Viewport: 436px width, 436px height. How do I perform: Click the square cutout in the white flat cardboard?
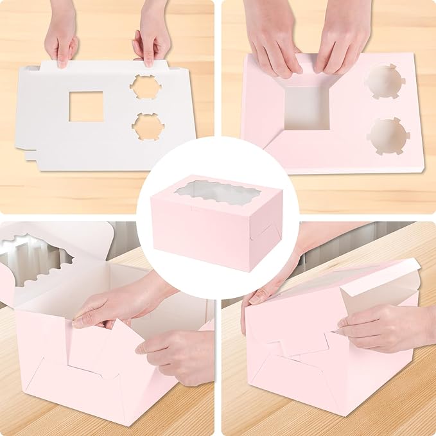coord(86,106)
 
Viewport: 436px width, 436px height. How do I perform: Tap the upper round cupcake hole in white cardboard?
coord(144,87)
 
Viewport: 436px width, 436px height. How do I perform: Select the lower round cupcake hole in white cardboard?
coord(147,126)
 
